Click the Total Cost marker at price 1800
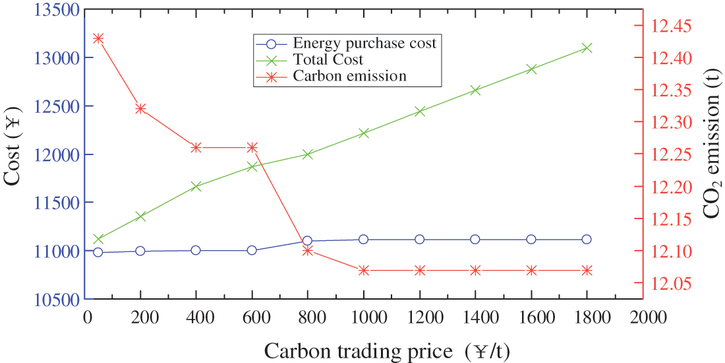(587, 48)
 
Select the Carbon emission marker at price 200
(140, 108)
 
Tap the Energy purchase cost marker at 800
(307, 241)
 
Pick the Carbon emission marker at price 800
(307, 251)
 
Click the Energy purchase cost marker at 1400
(475, 239)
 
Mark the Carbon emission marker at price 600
(252, 147)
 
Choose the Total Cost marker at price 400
(196, 187)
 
